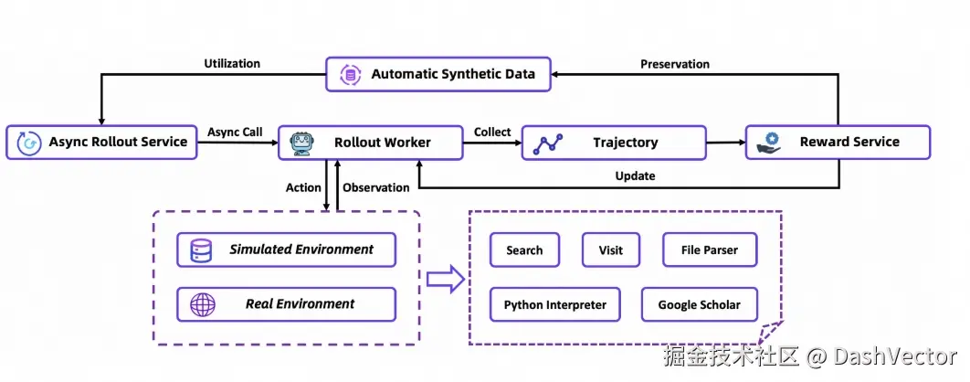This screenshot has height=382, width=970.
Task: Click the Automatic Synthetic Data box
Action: coord(438,74)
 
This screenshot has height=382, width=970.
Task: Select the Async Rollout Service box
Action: coord(101,143)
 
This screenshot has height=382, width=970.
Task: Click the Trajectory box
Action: coord(614,143)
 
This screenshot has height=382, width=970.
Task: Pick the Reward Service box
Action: coord(838,143)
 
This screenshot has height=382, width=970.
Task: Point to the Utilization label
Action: coord(231,64)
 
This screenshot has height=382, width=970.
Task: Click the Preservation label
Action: coord(675,64)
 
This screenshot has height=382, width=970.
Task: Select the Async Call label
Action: coord(236,133)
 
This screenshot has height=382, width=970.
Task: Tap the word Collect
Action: coord(492,133)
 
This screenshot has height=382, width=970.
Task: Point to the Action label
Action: coord(304,188)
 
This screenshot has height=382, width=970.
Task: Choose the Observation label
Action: coord(375,188)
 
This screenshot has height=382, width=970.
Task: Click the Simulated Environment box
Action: coord(287,249)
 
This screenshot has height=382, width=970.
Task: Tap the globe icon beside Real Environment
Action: coord(200,304)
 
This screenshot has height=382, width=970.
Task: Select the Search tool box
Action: coord(524,250)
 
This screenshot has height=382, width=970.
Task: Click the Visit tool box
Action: coord(610,250)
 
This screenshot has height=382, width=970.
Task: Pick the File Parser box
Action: coord(709,250)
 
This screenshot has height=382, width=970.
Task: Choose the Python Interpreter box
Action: coord(554,305)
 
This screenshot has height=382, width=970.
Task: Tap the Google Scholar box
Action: coord(699,305)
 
